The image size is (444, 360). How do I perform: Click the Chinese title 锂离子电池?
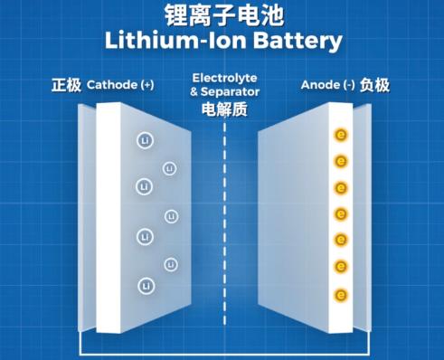pyautogui.click(x=224, y=15)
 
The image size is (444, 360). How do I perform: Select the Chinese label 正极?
pyautogui.click(x=66, y=85)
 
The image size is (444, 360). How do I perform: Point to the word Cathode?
pyautogui.click(x=112, y=85)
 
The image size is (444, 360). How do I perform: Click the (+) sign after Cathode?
pyautogui.click(x=147, y=85)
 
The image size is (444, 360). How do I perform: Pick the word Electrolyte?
pyautogui.click(x=225, y=78)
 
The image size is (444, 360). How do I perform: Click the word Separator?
pyautogui.click(x=230, y=91)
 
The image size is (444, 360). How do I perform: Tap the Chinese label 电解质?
pyautogui.click(x=224, y=109)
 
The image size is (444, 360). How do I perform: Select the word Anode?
pyautogui.click(x=320, y=85)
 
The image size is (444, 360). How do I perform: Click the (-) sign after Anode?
pyautogui.click(x=349, y=85)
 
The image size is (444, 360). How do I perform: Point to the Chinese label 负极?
pyautogui.click(x=374, y=85)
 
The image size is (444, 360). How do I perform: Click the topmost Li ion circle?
pyautogui.click(x=146, y=140)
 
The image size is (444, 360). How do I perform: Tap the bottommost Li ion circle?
pyautogui.click(x=146, y=286)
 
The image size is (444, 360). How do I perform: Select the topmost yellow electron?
pyautogui.click(x=341, y=135)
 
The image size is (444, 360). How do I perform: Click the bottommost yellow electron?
pyautogui.click(x=341, y=295)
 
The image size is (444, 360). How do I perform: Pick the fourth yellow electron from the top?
pyautogui.click(x=341, y=214)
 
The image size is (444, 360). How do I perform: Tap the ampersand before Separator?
pyautogui.click(x=194, y=92)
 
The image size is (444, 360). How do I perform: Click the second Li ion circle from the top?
pyautogui.click(x=169, y=168)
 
